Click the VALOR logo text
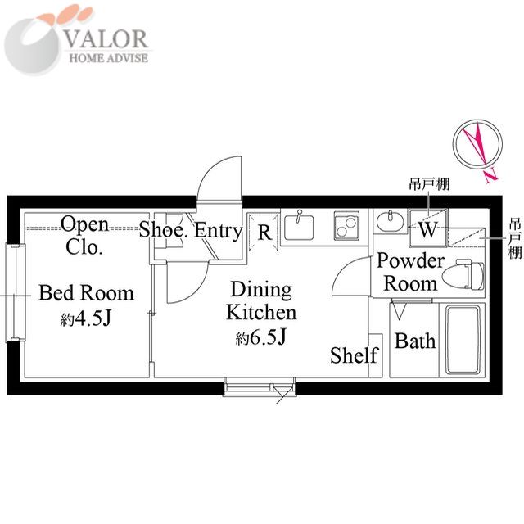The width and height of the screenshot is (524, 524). point(106,38)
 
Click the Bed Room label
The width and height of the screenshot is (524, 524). point(86,293)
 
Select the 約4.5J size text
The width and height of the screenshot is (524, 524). point(85,318)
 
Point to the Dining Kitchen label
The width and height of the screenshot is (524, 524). point(261,300)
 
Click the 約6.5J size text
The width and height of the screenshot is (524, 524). point(260,337)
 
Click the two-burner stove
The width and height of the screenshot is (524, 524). point(346,225)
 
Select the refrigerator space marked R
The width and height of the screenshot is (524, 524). point(264,232)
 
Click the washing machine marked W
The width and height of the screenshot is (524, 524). point(428,228)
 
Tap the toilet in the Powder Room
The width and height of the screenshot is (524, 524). point(463,275)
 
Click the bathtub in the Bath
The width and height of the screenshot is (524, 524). point(463,341)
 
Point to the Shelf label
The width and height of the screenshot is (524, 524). point(355,355)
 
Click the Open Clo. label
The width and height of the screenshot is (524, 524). point(84,235)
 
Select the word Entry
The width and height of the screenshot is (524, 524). point(218,231)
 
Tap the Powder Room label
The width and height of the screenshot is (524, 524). point(410,272)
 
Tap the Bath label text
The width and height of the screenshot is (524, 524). point(415,341)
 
